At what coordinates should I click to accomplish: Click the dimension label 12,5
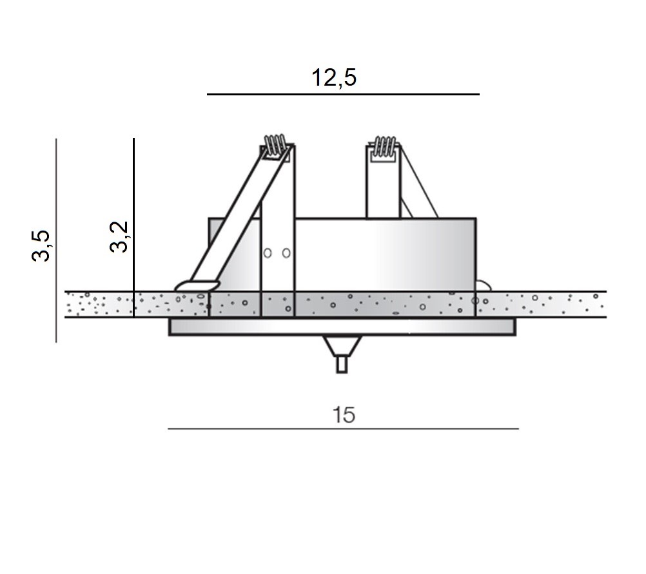tap(334, 77)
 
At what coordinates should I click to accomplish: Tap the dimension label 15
tap(344, 415)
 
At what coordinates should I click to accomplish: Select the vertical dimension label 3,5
tap(41, 246)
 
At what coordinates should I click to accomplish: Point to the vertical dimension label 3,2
tap(119, 237)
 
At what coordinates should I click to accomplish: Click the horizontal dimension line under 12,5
tap(343, 94)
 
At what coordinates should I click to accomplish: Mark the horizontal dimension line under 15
tap(343, 428)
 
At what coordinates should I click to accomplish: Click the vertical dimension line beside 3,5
tap(56, 240)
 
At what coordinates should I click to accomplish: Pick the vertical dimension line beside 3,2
tap(134, 227)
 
